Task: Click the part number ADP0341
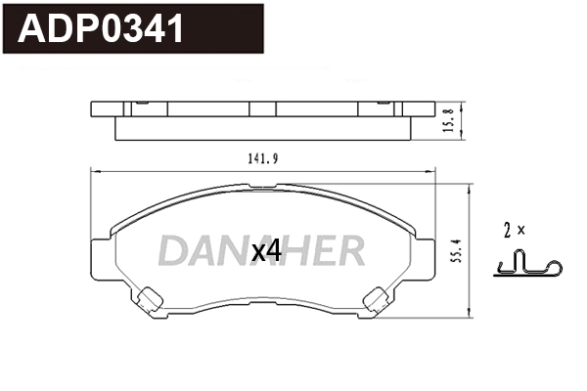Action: click(102, 28)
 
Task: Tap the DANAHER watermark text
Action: click(261, 250)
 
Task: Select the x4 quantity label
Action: click(266, 250)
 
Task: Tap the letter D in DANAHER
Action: click(173, 250)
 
